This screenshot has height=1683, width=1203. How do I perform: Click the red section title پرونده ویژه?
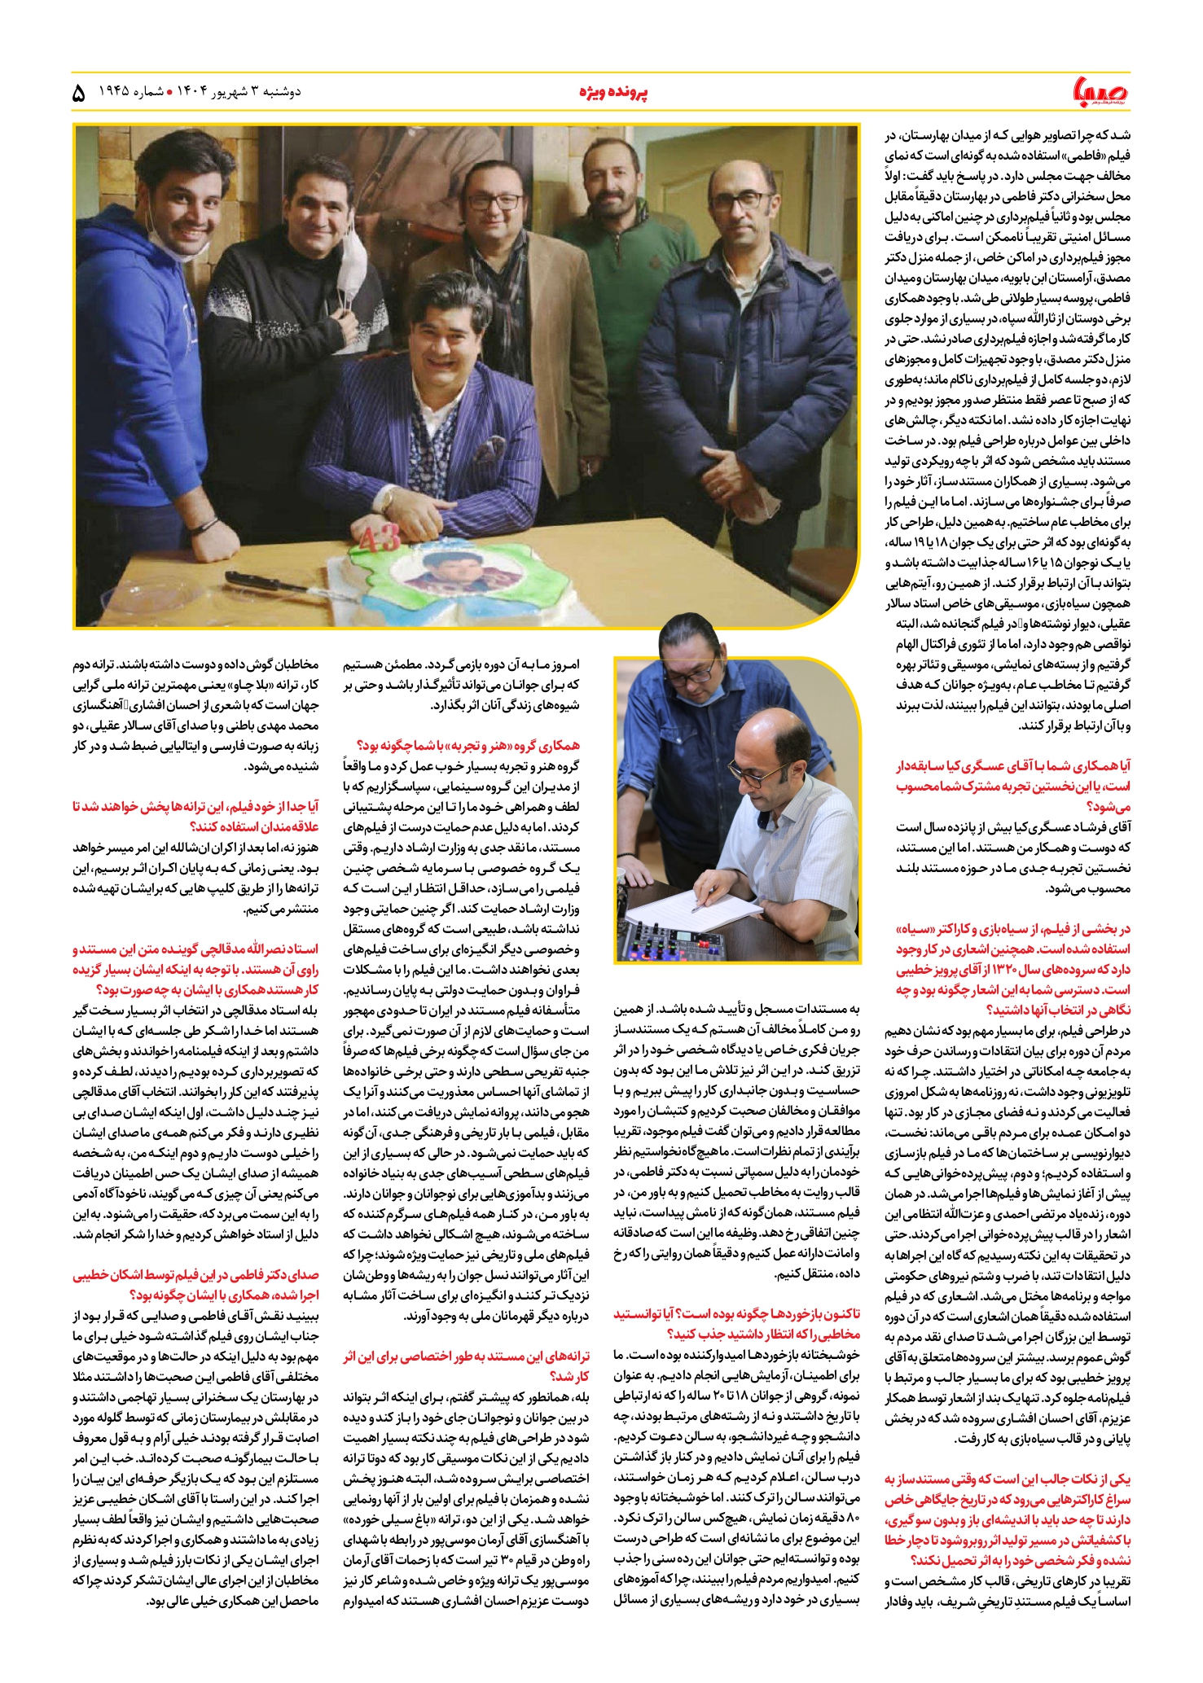point(613,93)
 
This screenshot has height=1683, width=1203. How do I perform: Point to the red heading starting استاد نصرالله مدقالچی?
point(195,970)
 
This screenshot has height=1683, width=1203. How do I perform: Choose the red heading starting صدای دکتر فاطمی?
point(195,1284)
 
